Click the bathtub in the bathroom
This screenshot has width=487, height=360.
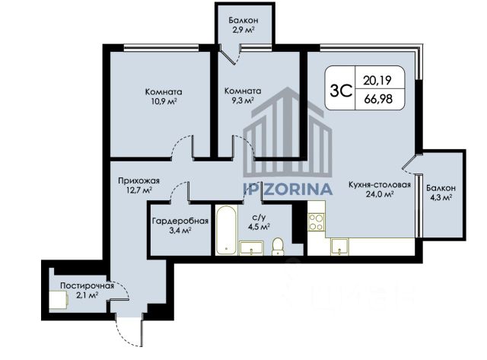point(227,230)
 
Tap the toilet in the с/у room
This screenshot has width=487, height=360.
point(277,247)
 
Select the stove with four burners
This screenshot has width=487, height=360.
point(317,222)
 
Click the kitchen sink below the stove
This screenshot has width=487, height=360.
point(339,247)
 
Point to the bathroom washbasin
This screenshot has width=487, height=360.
point(251,248)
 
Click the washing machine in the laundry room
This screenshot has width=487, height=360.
point(59,300)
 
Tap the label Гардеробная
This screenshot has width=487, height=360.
point(180,221)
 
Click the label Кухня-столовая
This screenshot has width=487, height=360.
point(380,185)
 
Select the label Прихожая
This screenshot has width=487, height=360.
point(138,181)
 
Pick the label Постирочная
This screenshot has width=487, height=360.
point(88,285)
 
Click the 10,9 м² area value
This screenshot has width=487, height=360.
point(164,101)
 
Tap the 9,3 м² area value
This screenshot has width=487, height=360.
point(242,100)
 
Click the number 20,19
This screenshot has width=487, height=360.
point(377,81)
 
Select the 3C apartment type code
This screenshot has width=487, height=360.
point(341,91)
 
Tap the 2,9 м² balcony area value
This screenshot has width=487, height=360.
point(243,30)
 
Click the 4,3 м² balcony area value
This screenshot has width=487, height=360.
point(440,198)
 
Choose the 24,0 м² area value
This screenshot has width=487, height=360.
point(380,194)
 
